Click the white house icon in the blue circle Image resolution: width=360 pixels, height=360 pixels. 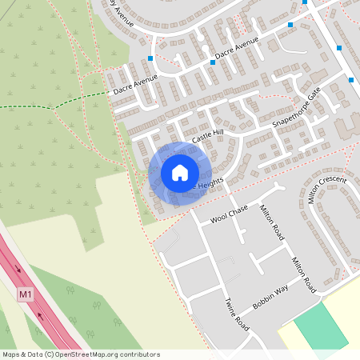[180, 173]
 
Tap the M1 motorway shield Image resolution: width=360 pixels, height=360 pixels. [27, 294]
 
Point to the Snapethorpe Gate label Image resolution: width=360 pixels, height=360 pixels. [296, 110]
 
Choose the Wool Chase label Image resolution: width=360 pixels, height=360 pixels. [229, 213]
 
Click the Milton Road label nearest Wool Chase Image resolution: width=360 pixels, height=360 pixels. [272, 222]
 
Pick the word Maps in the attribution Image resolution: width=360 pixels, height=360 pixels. [11, 354]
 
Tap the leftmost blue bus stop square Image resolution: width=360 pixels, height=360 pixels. [150, 58]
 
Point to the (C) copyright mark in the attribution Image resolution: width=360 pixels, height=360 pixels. [50, 354]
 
